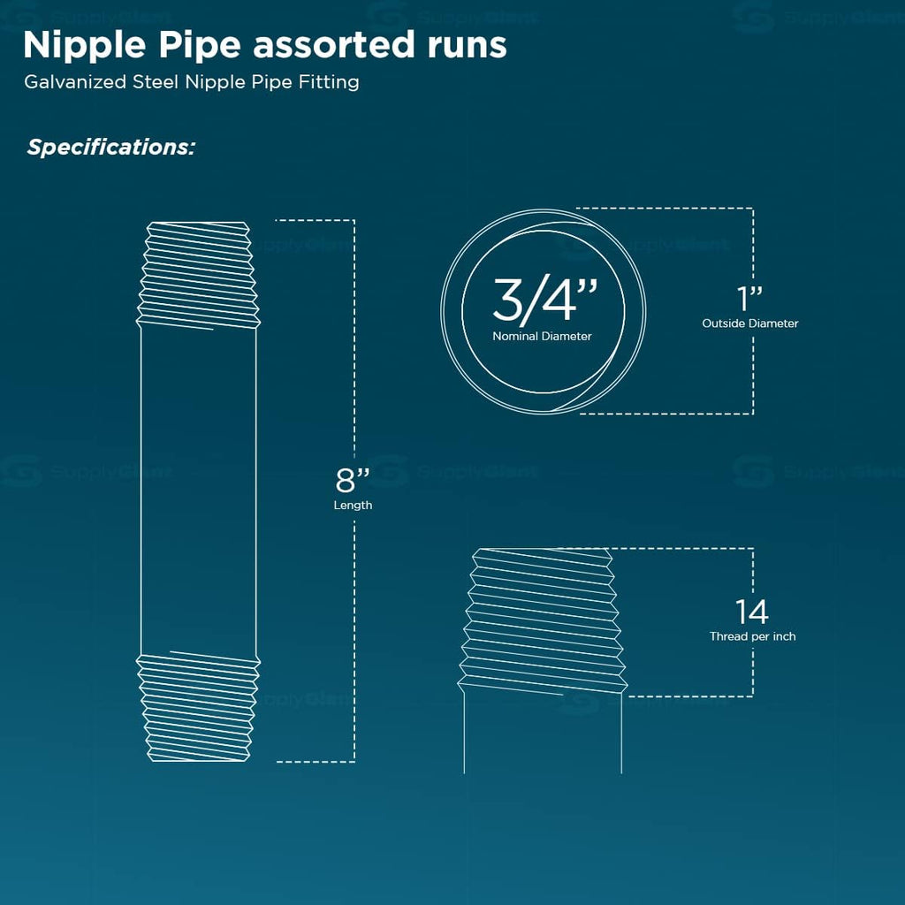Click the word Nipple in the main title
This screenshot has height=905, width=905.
point(84,46)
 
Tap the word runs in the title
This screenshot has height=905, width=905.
point(467,46)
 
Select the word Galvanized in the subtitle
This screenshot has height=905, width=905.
point(75,82)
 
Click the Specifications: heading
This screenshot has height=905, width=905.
point(110,148)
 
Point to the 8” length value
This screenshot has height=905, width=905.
point(353,479)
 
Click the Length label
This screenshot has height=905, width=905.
point(353,506)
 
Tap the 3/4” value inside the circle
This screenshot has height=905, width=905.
point(544,300)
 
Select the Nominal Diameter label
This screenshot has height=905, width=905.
point(542,336)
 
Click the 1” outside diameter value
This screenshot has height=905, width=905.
point(749,299)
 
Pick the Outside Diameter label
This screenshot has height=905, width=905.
point(749,323)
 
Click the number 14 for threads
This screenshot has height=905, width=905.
point(751,612)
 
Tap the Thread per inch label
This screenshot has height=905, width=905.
point(752,636)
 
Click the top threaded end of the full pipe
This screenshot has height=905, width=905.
point(198,276)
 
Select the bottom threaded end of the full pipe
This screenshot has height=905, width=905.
point(198,708)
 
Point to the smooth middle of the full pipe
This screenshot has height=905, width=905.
point(198,491)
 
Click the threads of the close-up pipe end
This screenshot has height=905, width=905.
point(543,621)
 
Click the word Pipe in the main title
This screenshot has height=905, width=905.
point(200,46)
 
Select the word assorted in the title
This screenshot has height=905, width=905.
point(333,46)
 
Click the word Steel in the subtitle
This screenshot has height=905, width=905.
point(156,82)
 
